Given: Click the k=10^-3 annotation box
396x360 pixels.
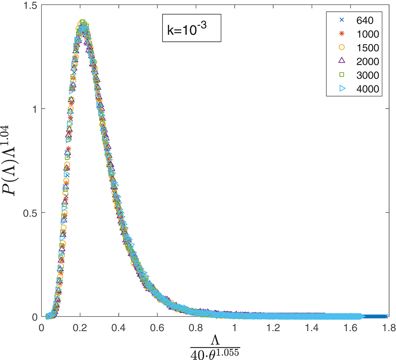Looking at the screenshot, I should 191,30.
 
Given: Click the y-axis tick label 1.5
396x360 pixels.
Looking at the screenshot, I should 30,5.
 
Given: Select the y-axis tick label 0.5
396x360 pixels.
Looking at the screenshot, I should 30,213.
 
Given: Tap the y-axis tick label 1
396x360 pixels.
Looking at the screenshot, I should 34,109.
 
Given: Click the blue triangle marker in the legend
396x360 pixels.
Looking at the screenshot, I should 341,89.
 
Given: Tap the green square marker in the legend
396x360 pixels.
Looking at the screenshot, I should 341,75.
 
